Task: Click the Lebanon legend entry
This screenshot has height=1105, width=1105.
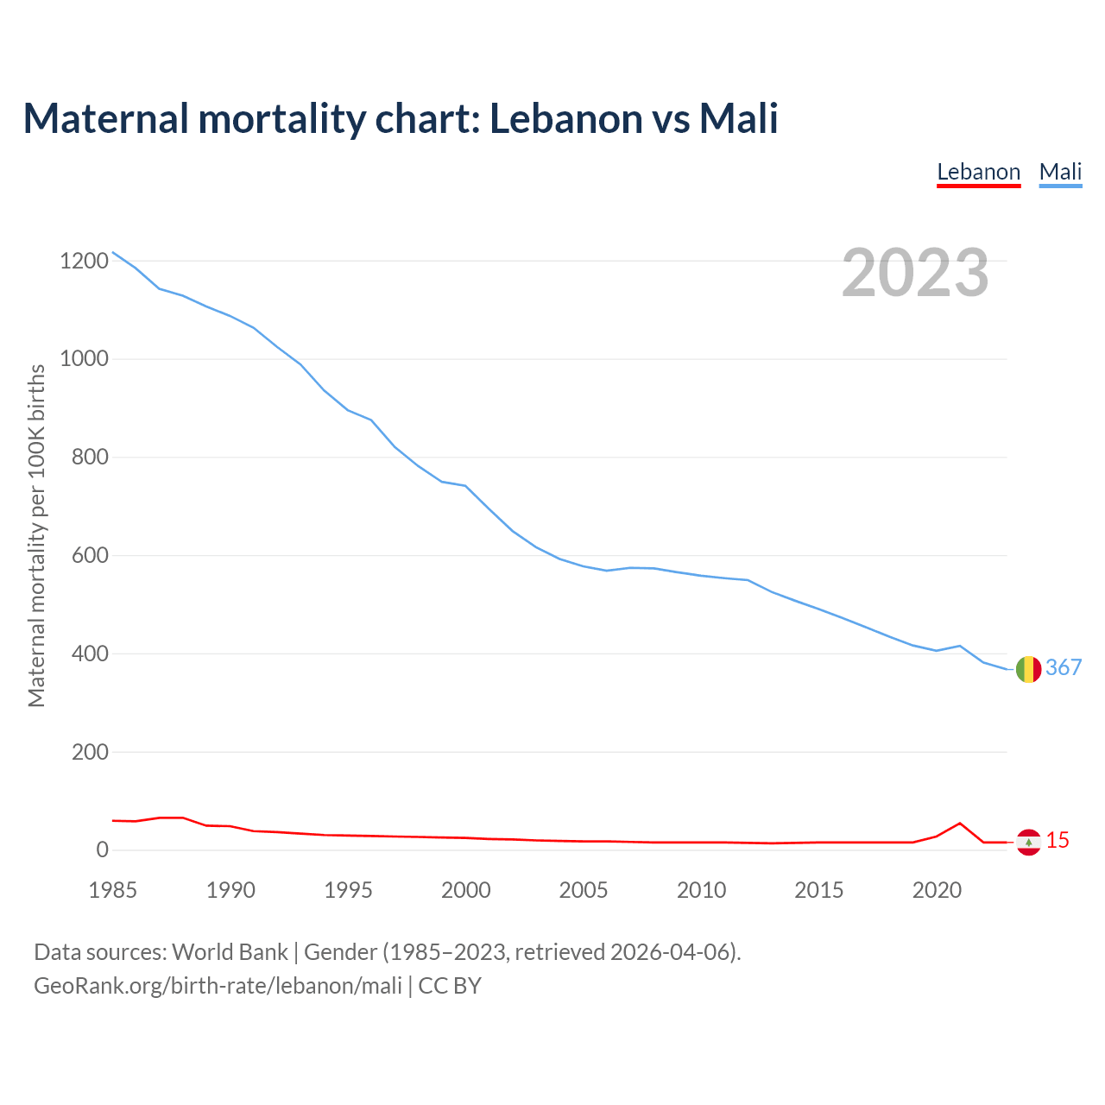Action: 978,172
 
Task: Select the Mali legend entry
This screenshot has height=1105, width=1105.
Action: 1060,172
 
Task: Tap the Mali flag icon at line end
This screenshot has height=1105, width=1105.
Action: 1028,669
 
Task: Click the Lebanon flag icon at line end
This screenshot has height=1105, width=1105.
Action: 1028,842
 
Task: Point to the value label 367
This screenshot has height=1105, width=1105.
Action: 1064,667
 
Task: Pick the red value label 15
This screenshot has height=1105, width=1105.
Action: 1058,840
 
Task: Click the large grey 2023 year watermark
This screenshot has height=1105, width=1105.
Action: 915,273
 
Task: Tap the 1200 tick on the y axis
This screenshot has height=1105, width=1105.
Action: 84,261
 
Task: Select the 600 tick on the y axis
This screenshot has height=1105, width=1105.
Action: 90,555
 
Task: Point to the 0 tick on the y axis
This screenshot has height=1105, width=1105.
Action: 103,850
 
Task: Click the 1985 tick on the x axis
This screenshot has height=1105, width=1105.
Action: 113,890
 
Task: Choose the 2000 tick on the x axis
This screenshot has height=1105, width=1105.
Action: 466,890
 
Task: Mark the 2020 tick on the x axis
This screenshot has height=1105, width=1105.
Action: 937,890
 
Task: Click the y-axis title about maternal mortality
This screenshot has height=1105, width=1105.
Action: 36,535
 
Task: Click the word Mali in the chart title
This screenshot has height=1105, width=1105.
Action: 738,118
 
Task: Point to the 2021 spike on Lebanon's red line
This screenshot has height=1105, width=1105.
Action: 960,824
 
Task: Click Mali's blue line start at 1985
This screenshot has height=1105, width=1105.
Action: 113,252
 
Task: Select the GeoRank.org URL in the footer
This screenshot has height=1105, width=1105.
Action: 218,986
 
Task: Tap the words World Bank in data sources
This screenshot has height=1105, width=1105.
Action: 230,952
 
